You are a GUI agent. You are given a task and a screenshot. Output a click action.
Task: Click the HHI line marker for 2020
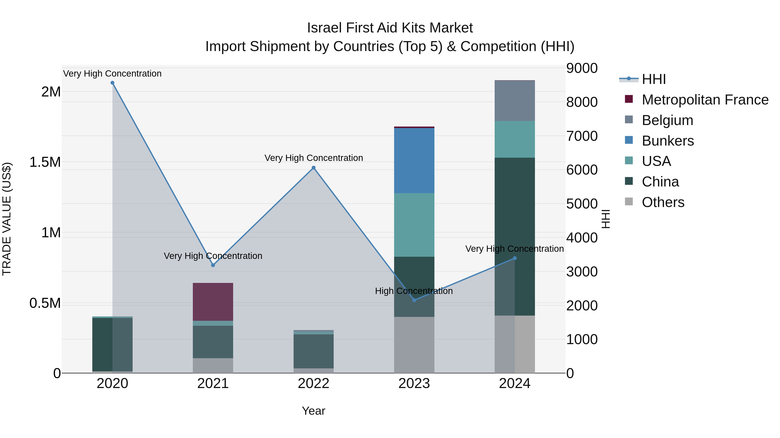(x=112, y=83)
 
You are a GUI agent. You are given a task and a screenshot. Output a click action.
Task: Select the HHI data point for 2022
(x=313, y=168)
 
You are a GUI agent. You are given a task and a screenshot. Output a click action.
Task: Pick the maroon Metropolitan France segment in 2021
(x=213, y=302)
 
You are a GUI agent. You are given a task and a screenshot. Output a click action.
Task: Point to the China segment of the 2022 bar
(x=313, y=351)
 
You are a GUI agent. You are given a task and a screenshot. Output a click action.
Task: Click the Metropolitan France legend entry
(x=705, y=100)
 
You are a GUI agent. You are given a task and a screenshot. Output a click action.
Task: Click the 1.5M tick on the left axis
(x=45, y=162)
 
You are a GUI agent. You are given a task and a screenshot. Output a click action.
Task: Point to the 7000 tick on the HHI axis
(x=582, y=136)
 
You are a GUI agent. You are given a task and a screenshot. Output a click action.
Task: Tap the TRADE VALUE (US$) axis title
(x=7, y=219)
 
